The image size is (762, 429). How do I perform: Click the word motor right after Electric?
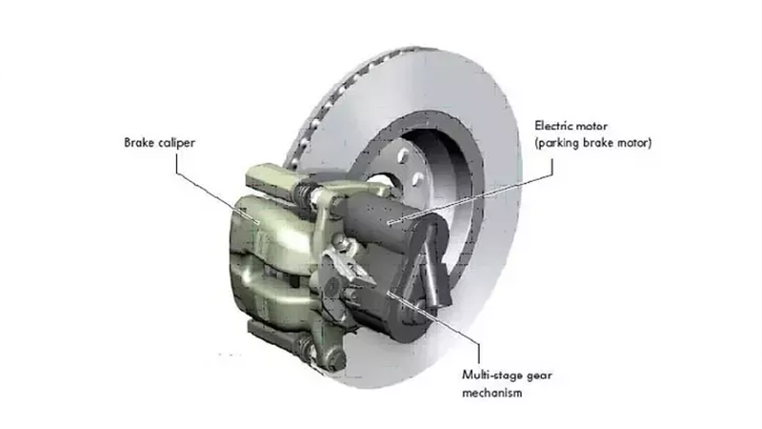point(590,127)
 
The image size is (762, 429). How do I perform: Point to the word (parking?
point(557,144)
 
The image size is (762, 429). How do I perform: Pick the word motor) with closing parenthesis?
point(634,144)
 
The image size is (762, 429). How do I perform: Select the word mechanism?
point(491,393)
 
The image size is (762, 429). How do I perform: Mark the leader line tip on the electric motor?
point(389,223)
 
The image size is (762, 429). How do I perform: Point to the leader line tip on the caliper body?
point(257,221)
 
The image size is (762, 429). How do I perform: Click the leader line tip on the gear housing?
point(389,294)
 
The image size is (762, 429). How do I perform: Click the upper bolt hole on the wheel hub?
point(402,155)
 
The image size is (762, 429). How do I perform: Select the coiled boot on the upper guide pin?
point(302,194)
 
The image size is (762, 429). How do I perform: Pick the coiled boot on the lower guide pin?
point(305,348)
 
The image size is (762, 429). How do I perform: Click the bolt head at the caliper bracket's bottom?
point(337,361)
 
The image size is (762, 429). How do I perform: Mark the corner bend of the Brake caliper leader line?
point(176,173)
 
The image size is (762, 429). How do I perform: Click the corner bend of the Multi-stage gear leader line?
point(479,343)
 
